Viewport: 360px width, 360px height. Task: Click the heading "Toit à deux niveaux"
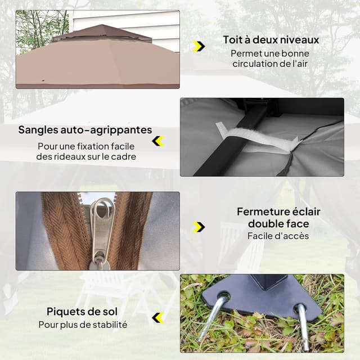click(x=271, y=40)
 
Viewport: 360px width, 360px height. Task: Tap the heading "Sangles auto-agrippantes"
click(x=85, y=130)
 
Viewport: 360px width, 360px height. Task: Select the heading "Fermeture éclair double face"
click(x=278, y=218)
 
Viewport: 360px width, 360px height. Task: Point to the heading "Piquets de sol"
click(x=82, y=312)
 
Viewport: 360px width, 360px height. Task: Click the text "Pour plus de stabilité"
click(x=83, y=325)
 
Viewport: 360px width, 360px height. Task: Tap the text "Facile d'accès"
click(x=278, y=236)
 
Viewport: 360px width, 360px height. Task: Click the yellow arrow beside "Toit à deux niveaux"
click(x=199, y=46)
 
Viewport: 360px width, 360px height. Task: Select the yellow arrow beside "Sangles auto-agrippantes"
click(x=158, y=141)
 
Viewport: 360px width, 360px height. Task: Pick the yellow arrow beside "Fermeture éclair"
click(x=199, y=227)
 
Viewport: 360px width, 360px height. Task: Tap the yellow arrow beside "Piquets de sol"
click(x=158, y=318)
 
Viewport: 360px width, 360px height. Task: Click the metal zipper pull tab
click(x=102, y=225)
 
